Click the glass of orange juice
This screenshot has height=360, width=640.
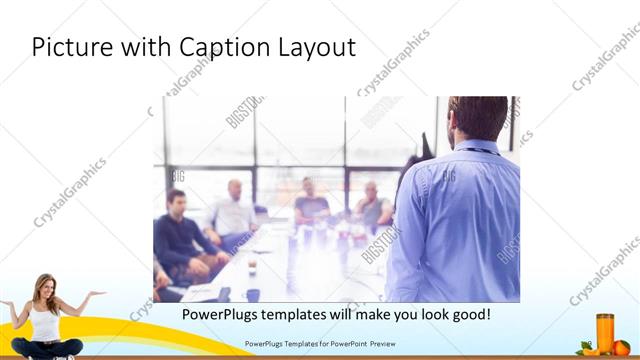(x=605, y=332)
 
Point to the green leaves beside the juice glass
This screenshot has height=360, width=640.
(x=586, y=345)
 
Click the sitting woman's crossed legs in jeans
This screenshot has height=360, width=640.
(x=46, y=347)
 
